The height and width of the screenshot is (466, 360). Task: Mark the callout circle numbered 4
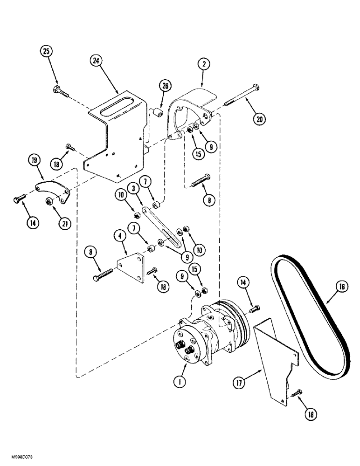click(120, 236)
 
